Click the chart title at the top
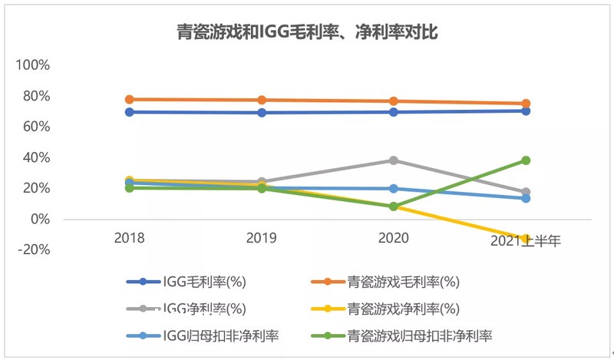pyautogui.click(x=307, y=31)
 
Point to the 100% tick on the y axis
pyautogui.click(x=33, y=65)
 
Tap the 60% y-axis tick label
pyautogui.click(x=36, y=127)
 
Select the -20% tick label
pyautogui.click(x=34, y=249)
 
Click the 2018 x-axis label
pyautogui.click(x=129, y=239)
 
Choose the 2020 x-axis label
pyautogui.click(x=394, y=239)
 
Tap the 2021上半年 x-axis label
pyautogui.click(x=527, y=240)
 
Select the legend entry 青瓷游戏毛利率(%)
pyautogui.click(x=401, y=281)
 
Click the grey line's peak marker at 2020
pyautogui.click(x=394, y=160)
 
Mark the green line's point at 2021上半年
pyautogui.click(x=527, y=160)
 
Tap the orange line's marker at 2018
pyautogui.click(x=129, y=99)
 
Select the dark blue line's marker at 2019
pyautogui.click(x=262, y=113)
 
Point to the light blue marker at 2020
pyautogui.click(x=394, y=188)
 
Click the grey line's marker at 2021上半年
pyautogui.click(x=527, y=192)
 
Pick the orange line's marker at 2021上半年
pyautogui.click(x=527, y=104)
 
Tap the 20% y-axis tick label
pyautogui.click(x=36, y=188)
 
